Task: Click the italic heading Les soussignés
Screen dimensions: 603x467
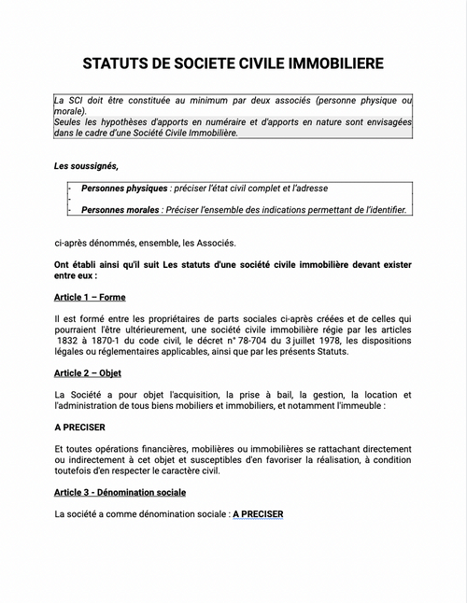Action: coord(87,166)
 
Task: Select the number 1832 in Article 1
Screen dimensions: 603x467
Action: coord(68,341)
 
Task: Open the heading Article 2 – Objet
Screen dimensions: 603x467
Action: coord(92,372)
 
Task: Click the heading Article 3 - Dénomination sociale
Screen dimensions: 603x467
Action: coord(120,492)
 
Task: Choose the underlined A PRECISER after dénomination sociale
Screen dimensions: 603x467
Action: coord(257,513)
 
